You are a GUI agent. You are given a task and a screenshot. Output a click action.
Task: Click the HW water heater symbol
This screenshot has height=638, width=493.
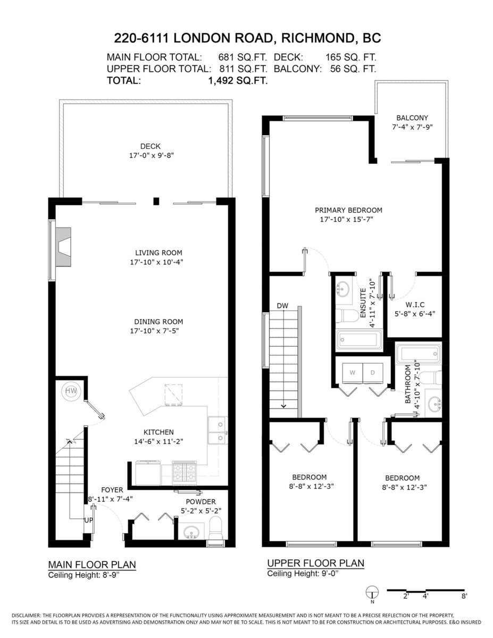(71, 391)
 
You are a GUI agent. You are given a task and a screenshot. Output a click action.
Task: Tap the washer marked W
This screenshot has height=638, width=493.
(352, 373)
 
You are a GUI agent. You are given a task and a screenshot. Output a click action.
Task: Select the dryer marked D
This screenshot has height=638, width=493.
(373, 373)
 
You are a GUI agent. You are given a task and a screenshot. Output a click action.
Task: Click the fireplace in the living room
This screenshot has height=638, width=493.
(63, 247)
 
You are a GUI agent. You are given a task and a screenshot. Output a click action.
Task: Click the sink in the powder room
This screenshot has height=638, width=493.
(191, 532)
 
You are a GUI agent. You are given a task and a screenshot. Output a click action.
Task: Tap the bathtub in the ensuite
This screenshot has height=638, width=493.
(360, 340)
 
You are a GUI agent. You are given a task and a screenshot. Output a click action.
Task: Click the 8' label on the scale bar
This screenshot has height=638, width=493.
(464, 595)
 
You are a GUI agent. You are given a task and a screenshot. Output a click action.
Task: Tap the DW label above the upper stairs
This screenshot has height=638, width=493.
(282, 306)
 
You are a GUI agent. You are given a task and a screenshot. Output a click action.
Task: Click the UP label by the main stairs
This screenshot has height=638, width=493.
(89, 520)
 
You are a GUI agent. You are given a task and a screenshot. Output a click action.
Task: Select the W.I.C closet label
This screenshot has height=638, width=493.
(413, 305)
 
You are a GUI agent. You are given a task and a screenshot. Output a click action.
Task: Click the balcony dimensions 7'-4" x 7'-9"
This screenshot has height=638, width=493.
(413, 127)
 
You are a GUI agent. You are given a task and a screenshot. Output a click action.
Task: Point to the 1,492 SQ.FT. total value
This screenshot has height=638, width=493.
(238, 80)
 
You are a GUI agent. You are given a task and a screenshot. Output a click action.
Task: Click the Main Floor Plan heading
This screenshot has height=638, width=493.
(92, 564)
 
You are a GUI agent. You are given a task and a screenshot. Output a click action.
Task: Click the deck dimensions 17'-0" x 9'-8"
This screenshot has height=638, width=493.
(152, 155)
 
